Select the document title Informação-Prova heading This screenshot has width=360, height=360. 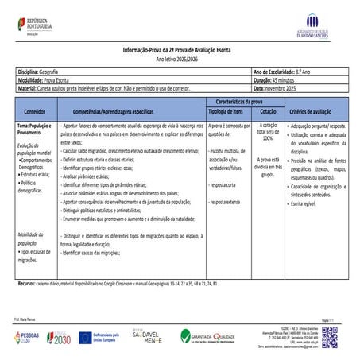point(179,50)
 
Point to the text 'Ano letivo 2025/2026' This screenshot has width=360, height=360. point(179,59)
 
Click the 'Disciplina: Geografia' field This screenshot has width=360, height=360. point(40,72)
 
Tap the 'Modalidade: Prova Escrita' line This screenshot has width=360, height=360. point(46,80)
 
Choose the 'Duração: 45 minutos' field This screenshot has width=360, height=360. point(274,80)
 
